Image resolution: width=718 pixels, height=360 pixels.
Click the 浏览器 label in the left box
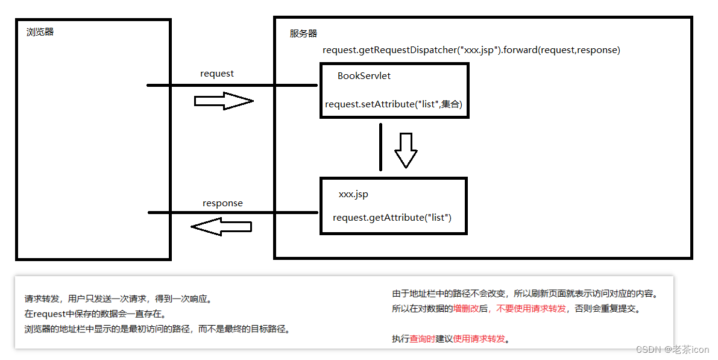pyautogui.click(x=40, y=32)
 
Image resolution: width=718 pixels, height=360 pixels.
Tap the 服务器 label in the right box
pyautogui.click(x=303, y=34)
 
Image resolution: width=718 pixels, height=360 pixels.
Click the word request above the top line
pyautogui.click(x=217, y=74)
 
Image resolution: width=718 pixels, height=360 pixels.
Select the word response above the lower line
pyautogui.click(x=222, y=203)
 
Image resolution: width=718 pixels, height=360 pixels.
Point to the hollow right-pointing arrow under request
pyautogui.click(x=223, y=101)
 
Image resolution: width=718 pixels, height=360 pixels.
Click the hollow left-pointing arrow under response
pyautogui.click(x=221, y=227)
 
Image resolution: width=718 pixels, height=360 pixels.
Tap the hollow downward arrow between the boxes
pyautogui.click(x=406, y=150)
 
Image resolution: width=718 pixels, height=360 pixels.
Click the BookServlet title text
pyautogui.click(x=364, y=76)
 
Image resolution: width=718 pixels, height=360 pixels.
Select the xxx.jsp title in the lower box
pyautogui.click(x=353, y=194)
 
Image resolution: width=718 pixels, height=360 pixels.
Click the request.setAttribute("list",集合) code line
pyautogui.click(x=393, y=104)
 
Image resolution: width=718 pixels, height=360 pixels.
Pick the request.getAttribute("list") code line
pyautogui.click(x=392, y=217)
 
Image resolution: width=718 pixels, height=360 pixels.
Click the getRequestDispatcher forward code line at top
pyautogui.click(x=471, y=50)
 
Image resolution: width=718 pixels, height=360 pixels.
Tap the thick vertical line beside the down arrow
pyautogui.click(x=381, y=147)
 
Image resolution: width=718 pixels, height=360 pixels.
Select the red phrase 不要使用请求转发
pyautogui.click(x=532, y=309)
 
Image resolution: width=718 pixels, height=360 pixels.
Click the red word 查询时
pyautogui.click(x=423, y=339)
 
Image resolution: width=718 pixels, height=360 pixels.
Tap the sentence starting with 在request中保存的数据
pyautogui.click(x=95, y=314)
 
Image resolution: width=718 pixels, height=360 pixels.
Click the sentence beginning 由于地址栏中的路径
pyautogui.click(x=524, y=294)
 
